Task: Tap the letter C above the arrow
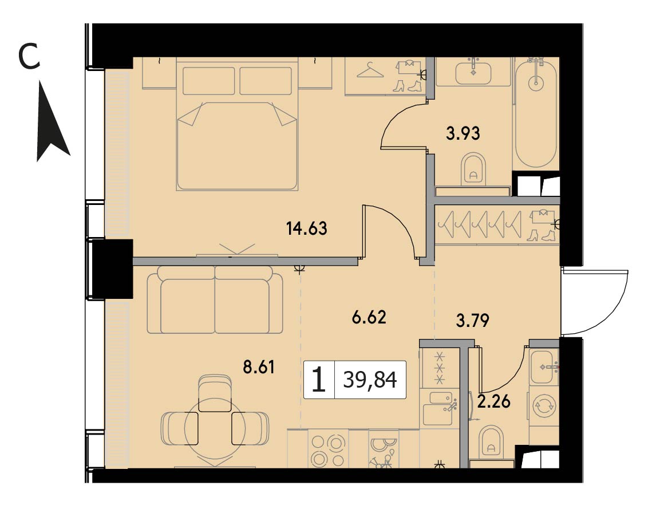pyautogui.click(x=29, y=57)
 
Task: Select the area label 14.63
pyautogui.click(x=307, y=228)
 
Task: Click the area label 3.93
pyautogui.click(x=463, y=133)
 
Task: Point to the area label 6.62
pyautogui.click(x=369, y=317)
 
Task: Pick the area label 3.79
pyautogui.click(x=472, y=321)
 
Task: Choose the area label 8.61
pyautogui.click(x=259, y=366)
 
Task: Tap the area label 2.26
pyautogui.click(x=494, y=401)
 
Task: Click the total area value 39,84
pyautogui.click(x=370, y=380)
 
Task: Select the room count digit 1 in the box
pyautogui.click(x=319, y=380)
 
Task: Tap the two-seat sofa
pyautogui.click(x=215, y=299)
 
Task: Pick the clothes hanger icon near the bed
pyautogui.click(x=370, y=70)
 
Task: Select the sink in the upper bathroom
pyautogui.click(x=473, y=72)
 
